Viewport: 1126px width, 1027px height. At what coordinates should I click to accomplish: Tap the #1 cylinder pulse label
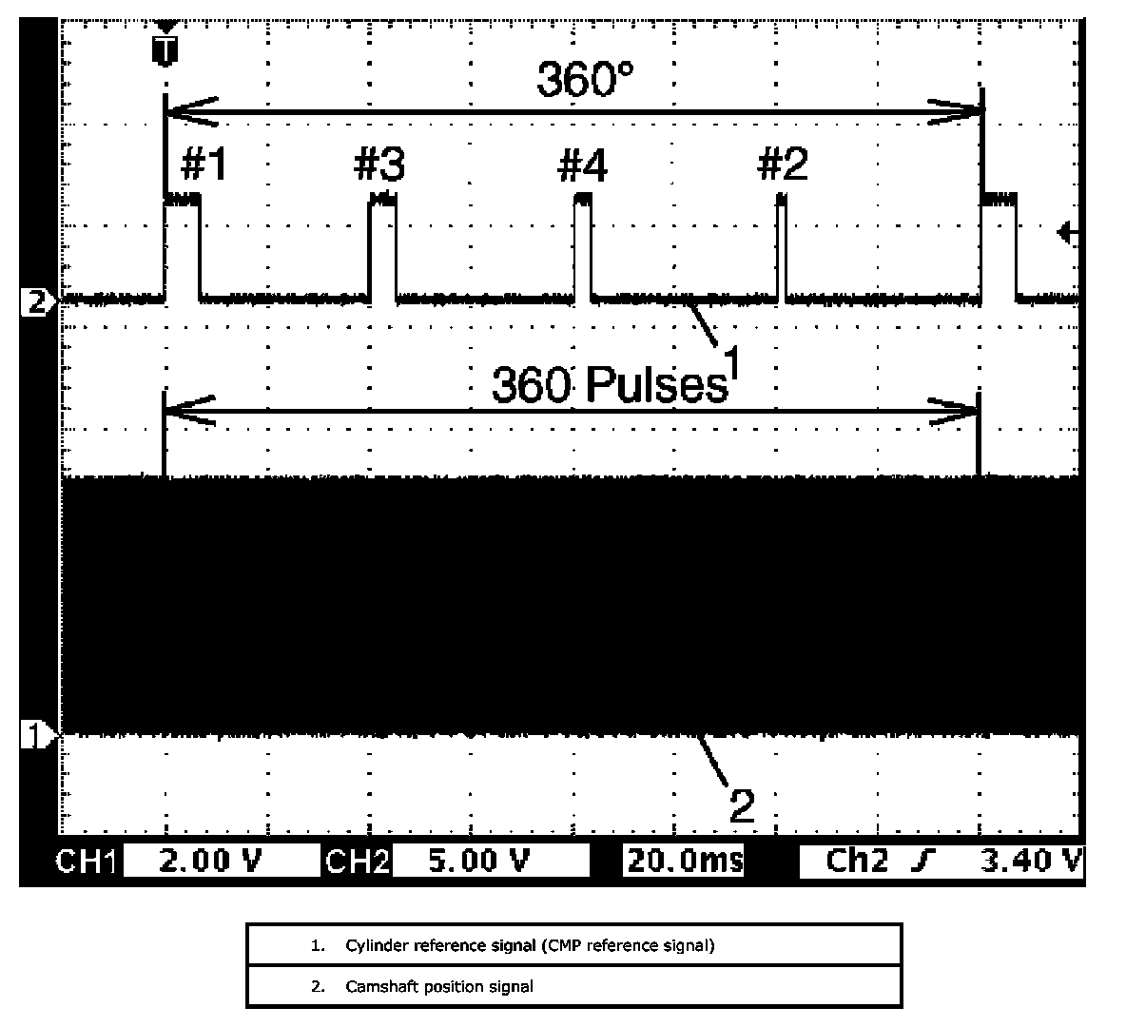click(204, 165)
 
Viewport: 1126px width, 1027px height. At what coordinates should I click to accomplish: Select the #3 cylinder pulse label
click(379, 165)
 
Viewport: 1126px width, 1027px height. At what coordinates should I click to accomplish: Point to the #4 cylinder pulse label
click(582, 166)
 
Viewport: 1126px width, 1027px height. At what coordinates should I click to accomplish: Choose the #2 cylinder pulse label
click(783, 165)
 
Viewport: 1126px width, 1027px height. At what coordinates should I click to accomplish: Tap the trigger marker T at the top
click(165, 50)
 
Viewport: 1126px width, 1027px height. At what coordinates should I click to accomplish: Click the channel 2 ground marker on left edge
click(35, 303)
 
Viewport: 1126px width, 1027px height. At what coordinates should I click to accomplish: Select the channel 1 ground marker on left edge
click(35, 734)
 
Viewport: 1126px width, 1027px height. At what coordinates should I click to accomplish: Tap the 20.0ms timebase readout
click(684, 861)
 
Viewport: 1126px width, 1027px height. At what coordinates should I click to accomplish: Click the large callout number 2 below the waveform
click(742, 806)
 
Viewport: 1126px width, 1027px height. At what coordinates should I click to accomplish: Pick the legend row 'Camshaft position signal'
click(438, 986)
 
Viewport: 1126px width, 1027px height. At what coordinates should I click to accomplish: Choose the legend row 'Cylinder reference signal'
click(529, 945)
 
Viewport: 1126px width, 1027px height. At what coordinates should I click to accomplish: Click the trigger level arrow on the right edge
click(1068, 232)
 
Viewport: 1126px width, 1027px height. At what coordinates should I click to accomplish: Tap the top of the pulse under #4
click(583, 198)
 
